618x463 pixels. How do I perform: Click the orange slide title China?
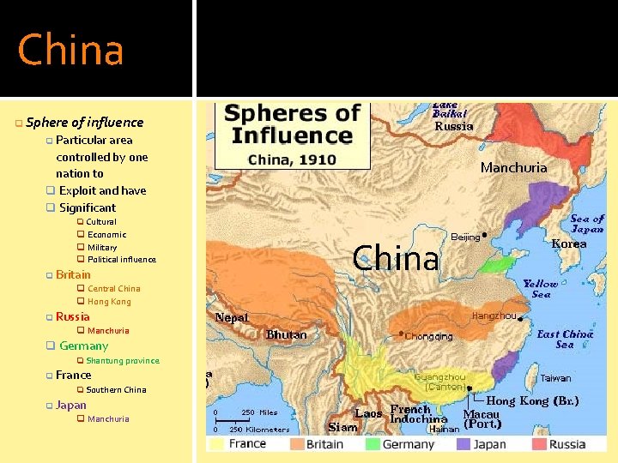tap(71, 50)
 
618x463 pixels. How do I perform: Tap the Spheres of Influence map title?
tap(292, 124)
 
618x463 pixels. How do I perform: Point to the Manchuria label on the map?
tap(513, 168)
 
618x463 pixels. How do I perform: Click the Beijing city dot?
tap(485, 233)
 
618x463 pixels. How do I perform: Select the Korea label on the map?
tap(569, 244)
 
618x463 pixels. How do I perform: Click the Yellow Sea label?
tap(541, 289)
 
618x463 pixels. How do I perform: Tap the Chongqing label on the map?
tap(428, 336)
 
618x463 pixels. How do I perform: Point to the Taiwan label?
tap(555, 378)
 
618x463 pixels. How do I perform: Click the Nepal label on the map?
tap(232, 317)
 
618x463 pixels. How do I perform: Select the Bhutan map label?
tap(286, 334)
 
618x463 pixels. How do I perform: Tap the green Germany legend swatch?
tap(372, 444)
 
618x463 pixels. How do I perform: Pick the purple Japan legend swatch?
tap(463, 444)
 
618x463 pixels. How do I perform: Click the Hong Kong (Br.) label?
tap(532, 400)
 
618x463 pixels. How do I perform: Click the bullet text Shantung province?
tap(123, 361)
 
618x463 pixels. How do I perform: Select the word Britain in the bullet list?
tap(73, 275)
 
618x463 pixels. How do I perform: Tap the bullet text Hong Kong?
tap(109, 302)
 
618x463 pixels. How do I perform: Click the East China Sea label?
tap(564, 339)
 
